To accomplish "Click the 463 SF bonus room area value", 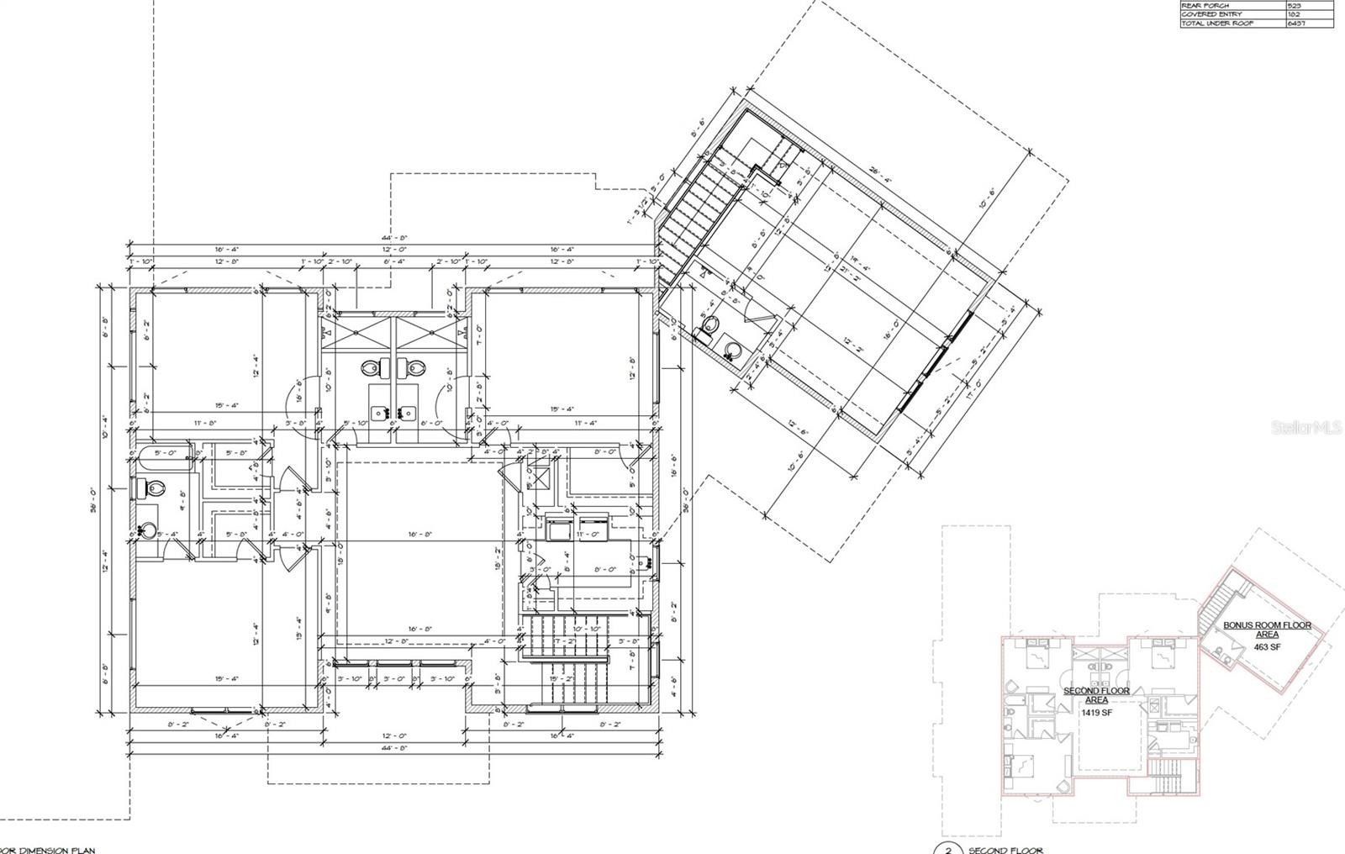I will click(x=1267, y=647).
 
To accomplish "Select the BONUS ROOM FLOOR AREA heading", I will click(x=1267, y=630).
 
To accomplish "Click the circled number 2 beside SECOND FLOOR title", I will click(x=948, y=849).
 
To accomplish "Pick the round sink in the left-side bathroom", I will click(x=148, y=530).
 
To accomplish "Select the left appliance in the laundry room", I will click(x=557, y=530).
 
